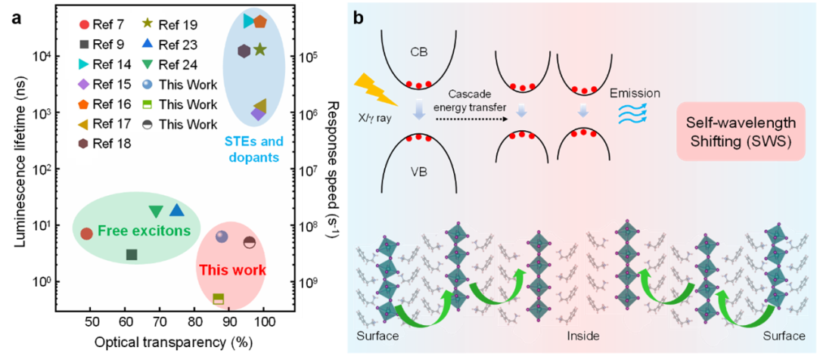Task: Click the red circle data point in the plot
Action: click(86, 234)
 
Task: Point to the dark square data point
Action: click(132, 255)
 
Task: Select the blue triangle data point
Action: click(176, 210)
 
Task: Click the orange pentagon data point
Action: click(260, 21)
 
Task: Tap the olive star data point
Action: click(259, 50)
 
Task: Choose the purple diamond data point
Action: click(257, 113)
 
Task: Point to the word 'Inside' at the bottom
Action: click(583, 334)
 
